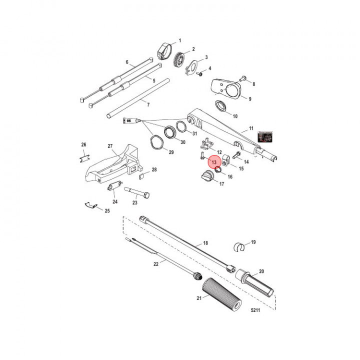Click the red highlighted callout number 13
(x=213, y=162)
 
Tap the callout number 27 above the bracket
(x=110, y=146)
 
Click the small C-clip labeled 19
(x=240, y=246)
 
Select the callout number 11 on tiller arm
(x=250, y=128)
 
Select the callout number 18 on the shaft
(x=205, y=243)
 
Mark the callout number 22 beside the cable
(x=155, y=264)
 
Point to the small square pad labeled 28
(x=140, y=176)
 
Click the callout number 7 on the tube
(x=148, y=104)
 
